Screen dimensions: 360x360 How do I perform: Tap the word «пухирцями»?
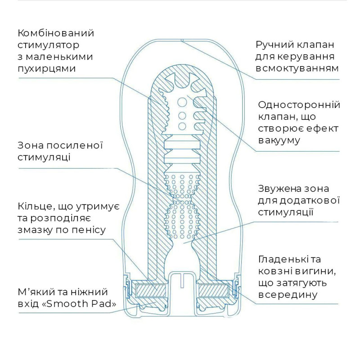coord(46,68)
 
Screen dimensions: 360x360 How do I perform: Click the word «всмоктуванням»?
coord(297,68)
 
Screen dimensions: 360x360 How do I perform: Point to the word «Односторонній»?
coord(299,105)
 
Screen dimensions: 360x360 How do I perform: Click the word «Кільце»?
coord(37,207)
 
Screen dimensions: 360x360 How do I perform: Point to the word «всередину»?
coord(288,295)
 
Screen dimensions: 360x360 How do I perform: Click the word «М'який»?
coord(36,292)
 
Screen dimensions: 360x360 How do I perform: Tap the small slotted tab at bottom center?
coord(182,282)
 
